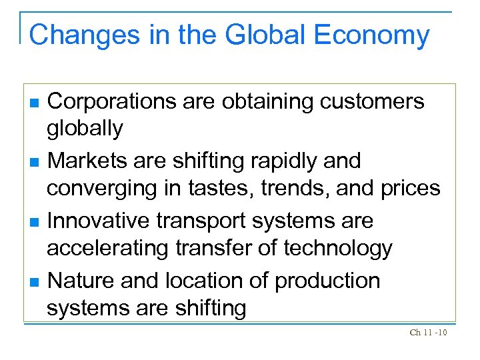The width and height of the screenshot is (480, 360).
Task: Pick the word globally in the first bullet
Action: click(x=85, y=129)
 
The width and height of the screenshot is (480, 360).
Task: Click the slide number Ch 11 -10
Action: click(x=428, y=333)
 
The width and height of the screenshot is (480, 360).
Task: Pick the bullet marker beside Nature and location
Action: click(x=35, y=282)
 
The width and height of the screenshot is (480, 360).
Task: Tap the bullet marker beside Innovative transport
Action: click(x=35, y=222)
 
